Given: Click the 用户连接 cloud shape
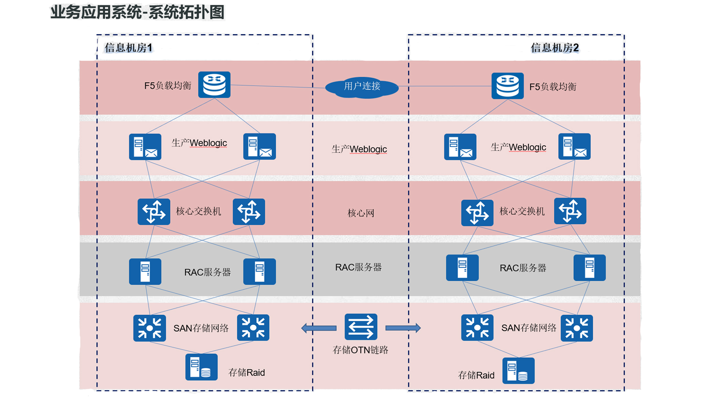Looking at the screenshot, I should coord(362,87).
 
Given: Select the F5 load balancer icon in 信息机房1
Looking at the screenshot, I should coord(214,85).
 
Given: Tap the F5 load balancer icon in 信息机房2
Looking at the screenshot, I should coord(507,86).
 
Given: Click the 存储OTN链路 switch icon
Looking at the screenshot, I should coord(361,327).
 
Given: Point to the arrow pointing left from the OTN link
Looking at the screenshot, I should coord(319,328).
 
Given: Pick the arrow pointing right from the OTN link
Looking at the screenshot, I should coord(403,328).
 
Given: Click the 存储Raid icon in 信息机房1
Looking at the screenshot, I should coord(201,367).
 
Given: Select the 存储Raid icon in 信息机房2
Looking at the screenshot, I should coord(518,371).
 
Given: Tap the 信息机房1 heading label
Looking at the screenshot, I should coord(129,48).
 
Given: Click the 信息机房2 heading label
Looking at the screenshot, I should coord(555,48).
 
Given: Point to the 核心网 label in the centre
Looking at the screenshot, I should coord(361,213).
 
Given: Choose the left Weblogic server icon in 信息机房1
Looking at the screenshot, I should coord(145,147).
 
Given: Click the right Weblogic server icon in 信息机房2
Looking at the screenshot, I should coord(574,146).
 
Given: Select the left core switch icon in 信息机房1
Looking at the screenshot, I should coord(154,212).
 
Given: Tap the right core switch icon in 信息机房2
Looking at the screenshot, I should coord(570,211).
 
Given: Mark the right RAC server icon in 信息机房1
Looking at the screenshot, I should coord(259,272).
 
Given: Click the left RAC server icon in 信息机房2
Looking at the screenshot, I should coord(462,268).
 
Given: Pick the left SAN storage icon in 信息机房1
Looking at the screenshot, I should coord(149,328).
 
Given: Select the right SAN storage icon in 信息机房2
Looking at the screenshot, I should coord(577,328).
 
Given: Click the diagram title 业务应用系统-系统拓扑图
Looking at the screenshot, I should coord(137,13).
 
